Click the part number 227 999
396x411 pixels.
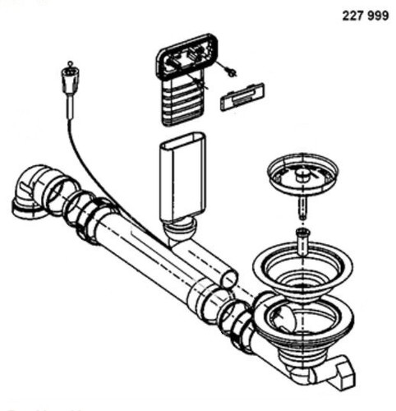(x=366, y=16)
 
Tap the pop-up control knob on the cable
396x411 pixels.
(x=70, y=80)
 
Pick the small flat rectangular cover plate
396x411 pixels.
(x=242, y=96)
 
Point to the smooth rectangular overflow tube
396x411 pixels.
(x=182, y=178)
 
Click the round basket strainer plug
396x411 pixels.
(x=302, y=175)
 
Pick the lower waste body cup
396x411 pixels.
(x=304, y=329)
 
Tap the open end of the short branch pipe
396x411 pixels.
(x=229, y=279)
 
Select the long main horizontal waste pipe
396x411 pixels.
(x=154, y=263)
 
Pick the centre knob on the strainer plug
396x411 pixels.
(x=303, y=174)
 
